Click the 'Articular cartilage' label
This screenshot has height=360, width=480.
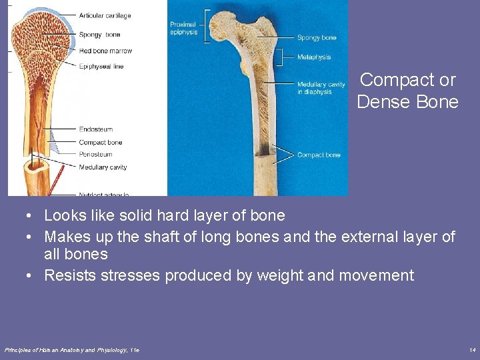coord(105,15)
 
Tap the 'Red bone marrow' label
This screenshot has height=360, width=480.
coord(105,51)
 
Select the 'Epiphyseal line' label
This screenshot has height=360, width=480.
coord(101,67)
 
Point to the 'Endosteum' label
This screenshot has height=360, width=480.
coord(96,129)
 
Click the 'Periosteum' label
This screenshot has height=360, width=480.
coord(96,155)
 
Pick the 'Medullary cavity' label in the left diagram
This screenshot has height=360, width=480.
coord(103,167)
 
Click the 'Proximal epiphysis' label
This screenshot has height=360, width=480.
coord(183,29)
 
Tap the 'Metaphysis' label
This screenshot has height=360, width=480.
coord(313,57)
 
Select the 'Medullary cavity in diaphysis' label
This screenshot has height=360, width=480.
coord(321,88)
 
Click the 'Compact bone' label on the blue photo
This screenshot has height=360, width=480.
coord(319,155)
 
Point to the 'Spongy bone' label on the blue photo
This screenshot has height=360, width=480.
coord(317,38)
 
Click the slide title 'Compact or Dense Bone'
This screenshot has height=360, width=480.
coord(407,91)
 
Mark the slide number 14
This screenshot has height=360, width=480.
coord(472,350)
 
